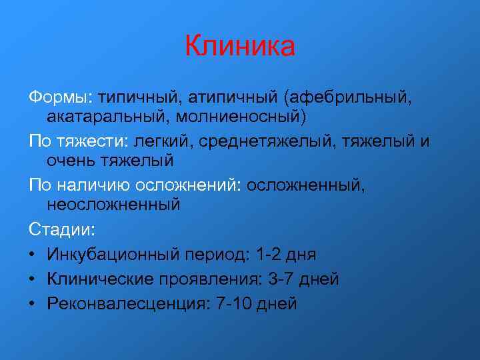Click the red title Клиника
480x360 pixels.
[239, 47]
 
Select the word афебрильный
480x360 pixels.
[349, 98]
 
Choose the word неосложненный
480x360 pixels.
[114, 204]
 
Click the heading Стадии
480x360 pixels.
[62, 229]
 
